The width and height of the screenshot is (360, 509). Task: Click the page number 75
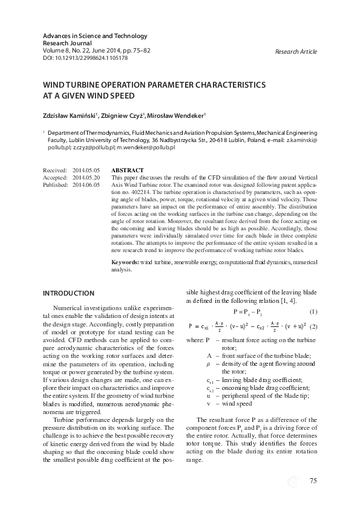[x=313, y=481]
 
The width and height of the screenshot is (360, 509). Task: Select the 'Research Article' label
[x=296, y=52]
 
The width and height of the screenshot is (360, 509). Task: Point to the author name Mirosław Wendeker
[x=184, y=115]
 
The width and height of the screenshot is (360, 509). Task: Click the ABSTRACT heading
[x=128, y=170]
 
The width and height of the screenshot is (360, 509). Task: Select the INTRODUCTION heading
[x=68, y=293]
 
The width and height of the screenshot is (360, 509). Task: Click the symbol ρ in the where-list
[x=208, y=364]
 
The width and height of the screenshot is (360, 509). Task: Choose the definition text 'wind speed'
[x=239, y=403]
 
